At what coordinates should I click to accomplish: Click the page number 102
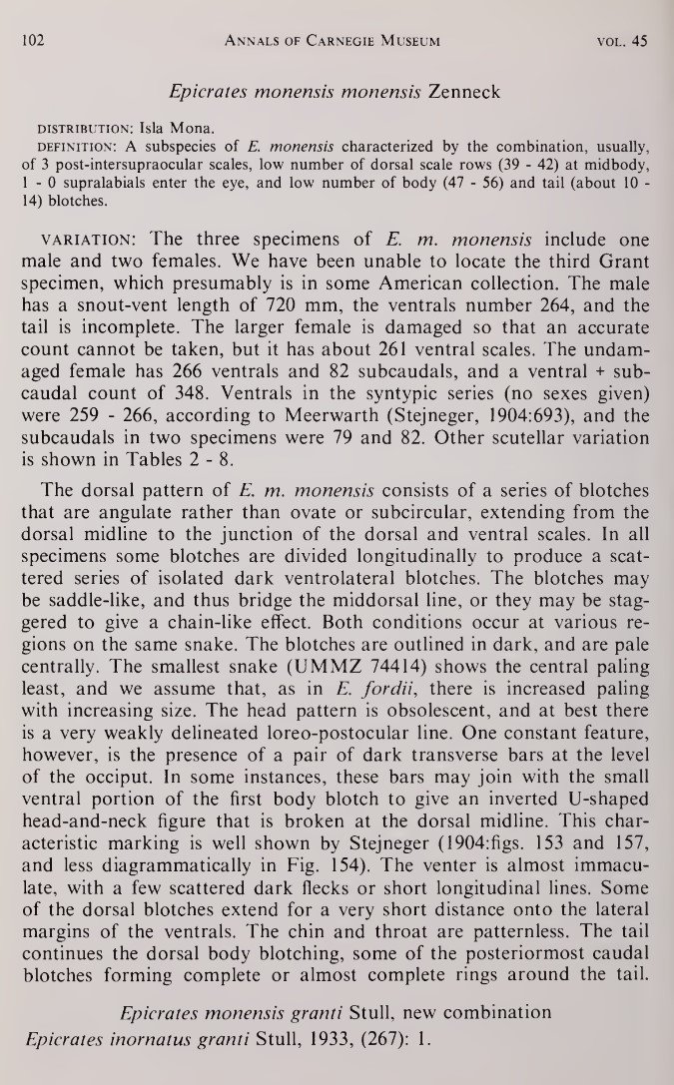point(38,41)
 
